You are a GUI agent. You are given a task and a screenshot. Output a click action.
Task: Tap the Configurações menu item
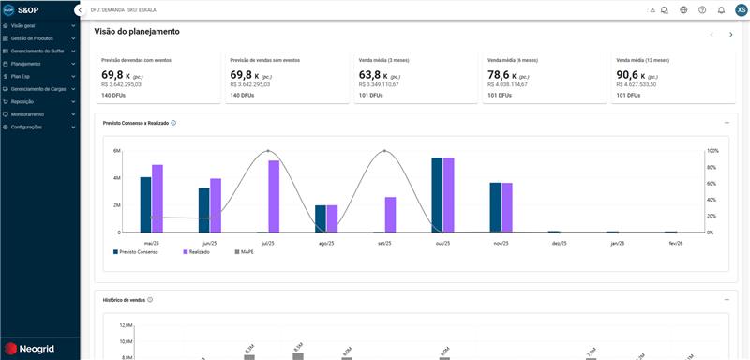[x=26, y=127]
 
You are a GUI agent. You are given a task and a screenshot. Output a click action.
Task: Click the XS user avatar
[x=742, y=10]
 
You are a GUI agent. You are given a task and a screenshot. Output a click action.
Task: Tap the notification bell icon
[x=721, y=10]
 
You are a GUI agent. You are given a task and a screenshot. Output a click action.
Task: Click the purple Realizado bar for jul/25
[x=274, y=196]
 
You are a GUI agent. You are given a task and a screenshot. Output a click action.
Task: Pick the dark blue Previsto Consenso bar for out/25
[x=437, y=194]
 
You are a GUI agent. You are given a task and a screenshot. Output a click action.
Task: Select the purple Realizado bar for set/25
[x=390, y=214]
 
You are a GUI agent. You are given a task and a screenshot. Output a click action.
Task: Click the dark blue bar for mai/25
[x=145, y=204]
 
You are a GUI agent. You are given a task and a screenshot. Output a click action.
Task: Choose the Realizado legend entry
[x=196, y=251]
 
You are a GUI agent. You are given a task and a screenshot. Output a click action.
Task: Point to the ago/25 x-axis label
[x=326, y=243]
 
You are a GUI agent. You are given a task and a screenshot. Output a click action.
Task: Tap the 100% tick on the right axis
[x=712, y=151]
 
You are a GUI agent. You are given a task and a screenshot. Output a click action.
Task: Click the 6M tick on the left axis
[x=117, y=151]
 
